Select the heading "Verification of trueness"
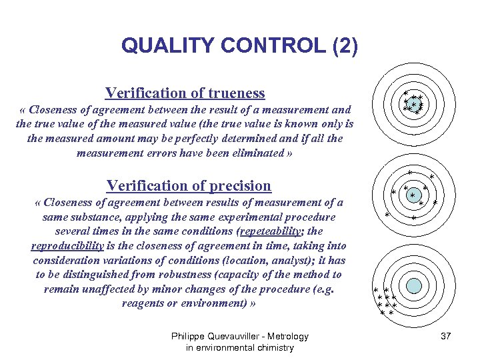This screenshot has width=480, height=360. (x=185, y=93)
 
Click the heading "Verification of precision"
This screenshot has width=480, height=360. (x=189, y=185)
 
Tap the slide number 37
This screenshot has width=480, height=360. (x=446, y=336)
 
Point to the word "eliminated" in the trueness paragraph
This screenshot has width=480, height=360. (x=253, y=153)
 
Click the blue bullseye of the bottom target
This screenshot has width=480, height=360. (x=414, y=286)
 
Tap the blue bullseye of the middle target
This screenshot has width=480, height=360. (x=414, y=195)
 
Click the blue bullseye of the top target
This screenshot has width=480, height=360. (x=414, y=103)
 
